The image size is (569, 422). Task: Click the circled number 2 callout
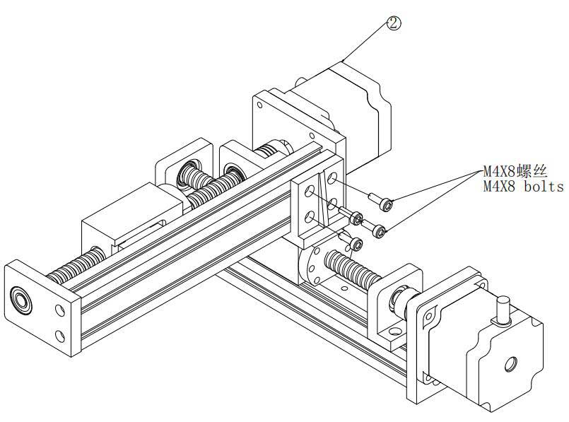[x=394, y=23]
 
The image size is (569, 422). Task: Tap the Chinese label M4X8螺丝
[x=515, y=171]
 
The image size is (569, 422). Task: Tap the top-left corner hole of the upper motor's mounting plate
[x=261, y=105]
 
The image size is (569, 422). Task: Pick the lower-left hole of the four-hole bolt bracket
[x=309, y=218]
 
